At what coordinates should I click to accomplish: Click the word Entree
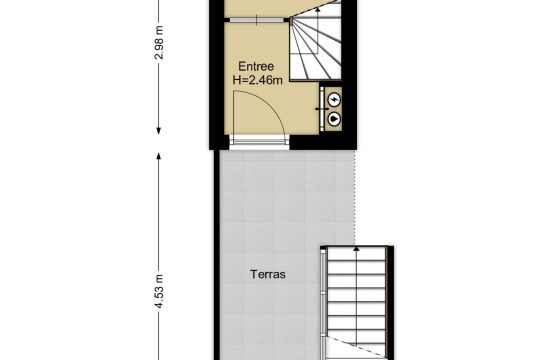pos(256,66)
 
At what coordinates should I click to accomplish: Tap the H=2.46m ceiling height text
pos(258,80)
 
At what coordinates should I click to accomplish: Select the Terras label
pos(268,275)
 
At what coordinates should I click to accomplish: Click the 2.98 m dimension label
pos(159,43)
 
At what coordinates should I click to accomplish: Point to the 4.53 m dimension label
pos(159,291)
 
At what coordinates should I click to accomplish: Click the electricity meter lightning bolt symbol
pos(334,100)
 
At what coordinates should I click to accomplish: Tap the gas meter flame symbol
pos(334,119)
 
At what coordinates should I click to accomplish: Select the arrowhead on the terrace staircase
pos(356,248)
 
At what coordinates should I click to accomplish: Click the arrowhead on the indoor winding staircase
pos(318,10)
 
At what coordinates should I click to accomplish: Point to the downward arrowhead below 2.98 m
pos(159,131)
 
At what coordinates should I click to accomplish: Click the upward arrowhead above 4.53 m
pos(159,157)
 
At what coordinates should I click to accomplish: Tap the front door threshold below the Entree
pos(259,142)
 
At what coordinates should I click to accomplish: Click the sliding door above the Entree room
pos(257,20)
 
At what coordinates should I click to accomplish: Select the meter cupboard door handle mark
pos(322,109)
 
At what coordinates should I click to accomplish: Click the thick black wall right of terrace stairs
pos(390,303)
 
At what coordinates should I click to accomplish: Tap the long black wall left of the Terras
pos(217,255)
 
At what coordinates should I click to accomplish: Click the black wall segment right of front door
pos(323,141)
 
